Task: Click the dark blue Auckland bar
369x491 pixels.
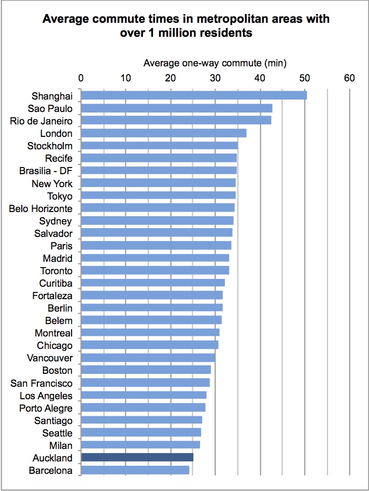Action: pos(137,457)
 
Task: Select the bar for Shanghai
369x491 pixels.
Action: pos(194,95)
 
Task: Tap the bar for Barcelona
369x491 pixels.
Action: pos(135,470)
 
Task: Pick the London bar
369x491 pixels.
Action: pos(164,133)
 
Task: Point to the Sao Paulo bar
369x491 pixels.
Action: pos(177,108)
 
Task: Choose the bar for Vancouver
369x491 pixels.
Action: pos(148,358)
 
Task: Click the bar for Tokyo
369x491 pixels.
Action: pos(159,195)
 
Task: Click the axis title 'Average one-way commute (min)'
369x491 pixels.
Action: pos(215,63)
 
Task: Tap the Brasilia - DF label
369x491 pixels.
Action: pos(46,171)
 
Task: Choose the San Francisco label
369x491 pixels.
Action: pos(41,383)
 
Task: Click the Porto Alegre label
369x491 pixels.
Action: pos(46,408)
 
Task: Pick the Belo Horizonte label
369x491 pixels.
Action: pos(41,208)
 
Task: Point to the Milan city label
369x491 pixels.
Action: pos(61,445)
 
